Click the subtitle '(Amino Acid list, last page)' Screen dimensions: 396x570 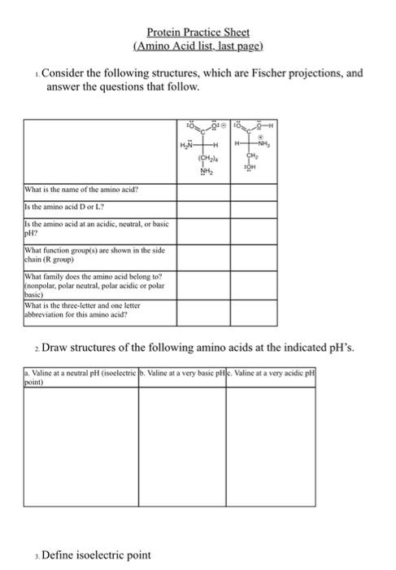point(198,46)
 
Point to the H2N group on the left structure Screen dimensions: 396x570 point(186,145)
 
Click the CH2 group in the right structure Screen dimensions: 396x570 point(252,159)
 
